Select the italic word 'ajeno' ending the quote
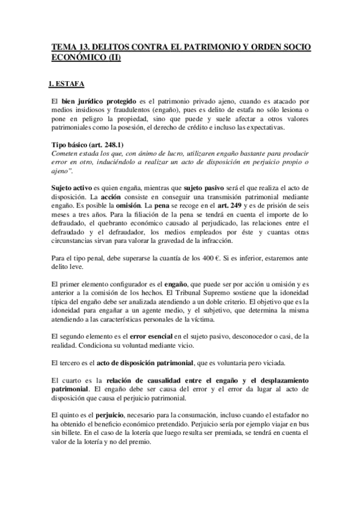tap(60, 172)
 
